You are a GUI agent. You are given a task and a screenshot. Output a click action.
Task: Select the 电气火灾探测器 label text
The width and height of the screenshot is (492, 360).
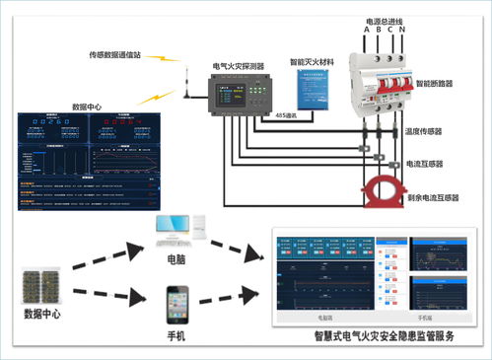[x=239, y=66]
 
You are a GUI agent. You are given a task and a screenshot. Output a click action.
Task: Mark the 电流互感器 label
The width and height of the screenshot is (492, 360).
[x=425, y=164]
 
